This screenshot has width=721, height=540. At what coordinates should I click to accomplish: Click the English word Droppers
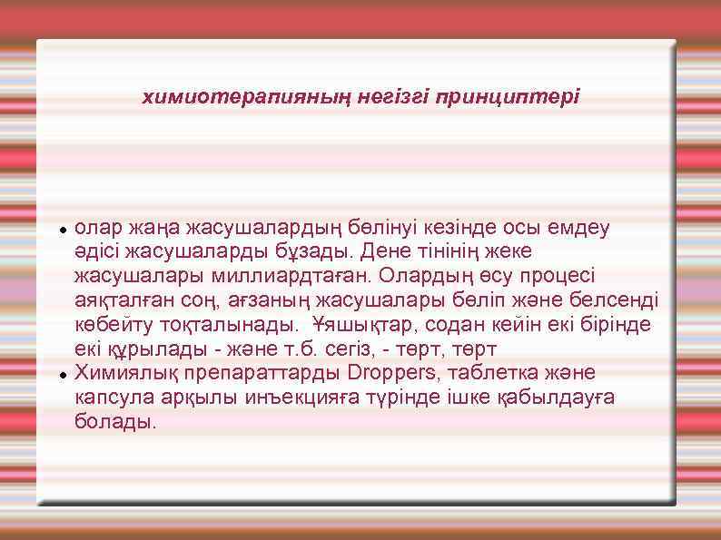coord(390,373)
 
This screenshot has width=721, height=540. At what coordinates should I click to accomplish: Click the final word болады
coord(114,422)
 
